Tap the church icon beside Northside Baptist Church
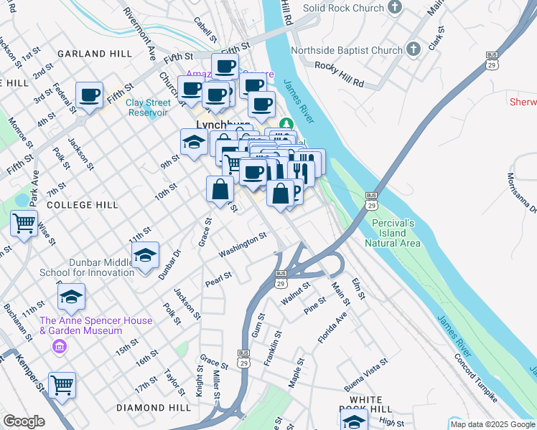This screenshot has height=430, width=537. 413,49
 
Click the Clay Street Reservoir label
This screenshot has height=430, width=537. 147,107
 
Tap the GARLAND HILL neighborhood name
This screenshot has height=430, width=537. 95,54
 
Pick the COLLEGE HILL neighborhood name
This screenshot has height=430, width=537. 82,205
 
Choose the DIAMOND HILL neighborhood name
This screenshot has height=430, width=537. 153,407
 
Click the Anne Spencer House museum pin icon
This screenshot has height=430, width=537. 60,347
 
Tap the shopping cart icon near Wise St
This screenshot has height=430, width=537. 24,224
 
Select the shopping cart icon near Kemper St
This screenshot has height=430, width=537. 62,385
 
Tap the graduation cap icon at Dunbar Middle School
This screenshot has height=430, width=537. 146,256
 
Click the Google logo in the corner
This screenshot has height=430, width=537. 24,421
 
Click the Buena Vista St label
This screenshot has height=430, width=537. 365,372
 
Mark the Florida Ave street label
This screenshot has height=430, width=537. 334,326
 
